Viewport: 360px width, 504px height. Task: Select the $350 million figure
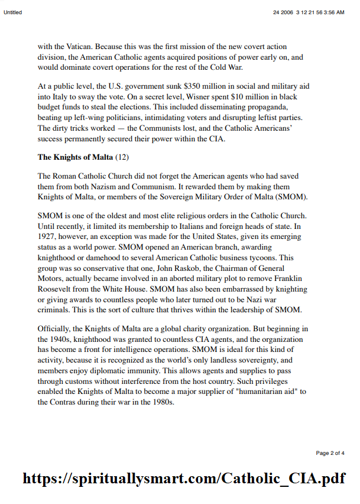pos(209,86)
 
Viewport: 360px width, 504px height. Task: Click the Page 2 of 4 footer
pos(330,453)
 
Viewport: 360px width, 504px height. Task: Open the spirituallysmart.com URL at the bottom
pos(184,479)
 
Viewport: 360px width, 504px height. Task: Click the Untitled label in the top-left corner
pos(13,12)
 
